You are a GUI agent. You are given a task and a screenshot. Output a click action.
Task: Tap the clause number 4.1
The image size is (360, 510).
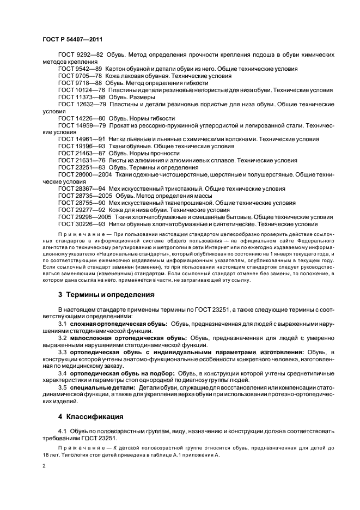pyautogui.click(x=62, y=432)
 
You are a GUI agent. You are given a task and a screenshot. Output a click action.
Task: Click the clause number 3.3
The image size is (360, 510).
pyautogui.click(x=62, y=352)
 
